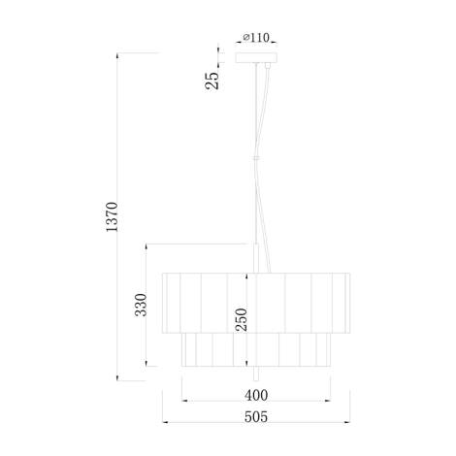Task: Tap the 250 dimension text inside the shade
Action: [x=242, y=320]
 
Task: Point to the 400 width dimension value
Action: [x=256, y=395]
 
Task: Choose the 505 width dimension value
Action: [x=256, y=418]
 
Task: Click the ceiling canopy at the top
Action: [x=256, y=59]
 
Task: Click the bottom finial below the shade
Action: [x=256, y=373]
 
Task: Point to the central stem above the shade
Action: [x=256, y=257]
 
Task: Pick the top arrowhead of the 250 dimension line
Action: [x=248, y=273]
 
